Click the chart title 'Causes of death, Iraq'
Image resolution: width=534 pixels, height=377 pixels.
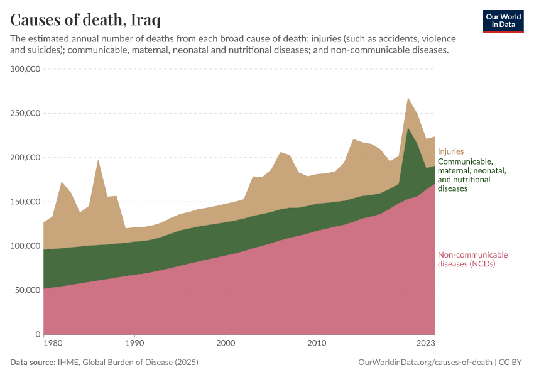(x=84, y=19)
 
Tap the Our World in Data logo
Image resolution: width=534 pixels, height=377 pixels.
(x=503, y=21)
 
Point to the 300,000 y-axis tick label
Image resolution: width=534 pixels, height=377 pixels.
(x=25, y=69)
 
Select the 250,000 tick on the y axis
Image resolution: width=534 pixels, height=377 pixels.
(x=25, y=114)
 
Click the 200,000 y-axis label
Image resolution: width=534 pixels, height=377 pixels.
(x=25, y=158)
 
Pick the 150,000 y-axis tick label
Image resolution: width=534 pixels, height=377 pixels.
(x=25, y=202)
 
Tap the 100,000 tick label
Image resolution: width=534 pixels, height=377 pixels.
(x=25, y=246)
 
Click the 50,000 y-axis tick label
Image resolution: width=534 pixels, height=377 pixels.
(x=28, y=290)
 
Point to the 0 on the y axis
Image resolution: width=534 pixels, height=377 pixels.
(x=38, y=334)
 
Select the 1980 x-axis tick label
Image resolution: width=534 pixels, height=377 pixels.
(x=53, y=344)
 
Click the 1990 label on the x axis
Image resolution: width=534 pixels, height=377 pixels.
(x=134, y=344)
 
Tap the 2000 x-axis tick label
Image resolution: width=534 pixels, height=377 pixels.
(x=226, y=344)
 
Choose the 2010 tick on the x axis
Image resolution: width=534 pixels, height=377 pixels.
(x=317, y=344)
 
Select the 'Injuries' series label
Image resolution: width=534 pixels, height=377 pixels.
(x=450, y=151)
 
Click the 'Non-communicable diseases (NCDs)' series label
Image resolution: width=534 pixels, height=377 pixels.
(x=472, y=260)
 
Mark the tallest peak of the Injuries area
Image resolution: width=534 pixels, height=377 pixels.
(x=408, y=99)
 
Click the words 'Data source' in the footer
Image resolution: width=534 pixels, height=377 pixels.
(x=32, y=363)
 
